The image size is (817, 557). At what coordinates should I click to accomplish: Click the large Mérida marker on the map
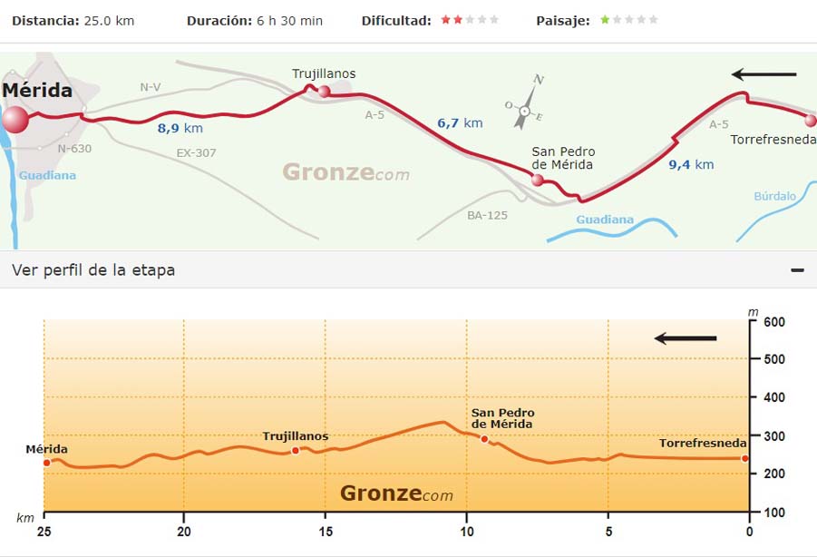point(15,120)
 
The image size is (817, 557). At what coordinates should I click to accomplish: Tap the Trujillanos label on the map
point(324,73)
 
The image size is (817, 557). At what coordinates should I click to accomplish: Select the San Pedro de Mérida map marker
point(538,180)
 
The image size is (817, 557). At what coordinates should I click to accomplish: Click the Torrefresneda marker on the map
point(811,120)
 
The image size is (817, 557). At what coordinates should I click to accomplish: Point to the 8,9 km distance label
point(180,128)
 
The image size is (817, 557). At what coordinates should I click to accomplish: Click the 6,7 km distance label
point(460,123)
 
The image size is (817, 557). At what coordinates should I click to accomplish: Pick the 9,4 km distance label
point(691,164)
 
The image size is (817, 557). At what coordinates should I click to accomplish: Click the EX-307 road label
point(197,152)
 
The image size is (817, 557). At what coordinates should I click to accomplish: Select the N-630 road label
point(74,148)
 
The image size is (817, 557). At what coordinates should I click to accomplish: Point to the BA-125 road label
point(487,215)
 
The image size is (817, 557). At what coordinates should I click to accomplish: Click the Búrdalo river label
point(774,196)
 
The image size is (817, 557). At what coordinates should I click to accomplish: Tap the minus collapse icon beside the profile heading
point(797,270)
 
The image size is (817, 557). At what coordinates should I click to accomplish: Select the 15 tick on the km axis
point(325,532)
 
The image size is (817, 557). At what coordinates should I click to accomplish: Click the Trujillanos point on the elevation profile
point(296,451)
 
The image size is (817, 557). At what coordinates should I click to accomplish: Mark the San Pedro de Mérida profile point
point(484,439)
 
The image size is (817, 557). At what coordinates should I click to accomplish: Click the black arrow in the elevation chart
point(686,338)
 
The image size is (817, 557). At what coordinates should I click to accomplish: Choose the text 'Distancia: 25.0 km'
point(73,20)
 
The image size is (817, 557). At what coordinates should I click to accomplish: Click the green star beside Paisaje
point(605,20)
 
